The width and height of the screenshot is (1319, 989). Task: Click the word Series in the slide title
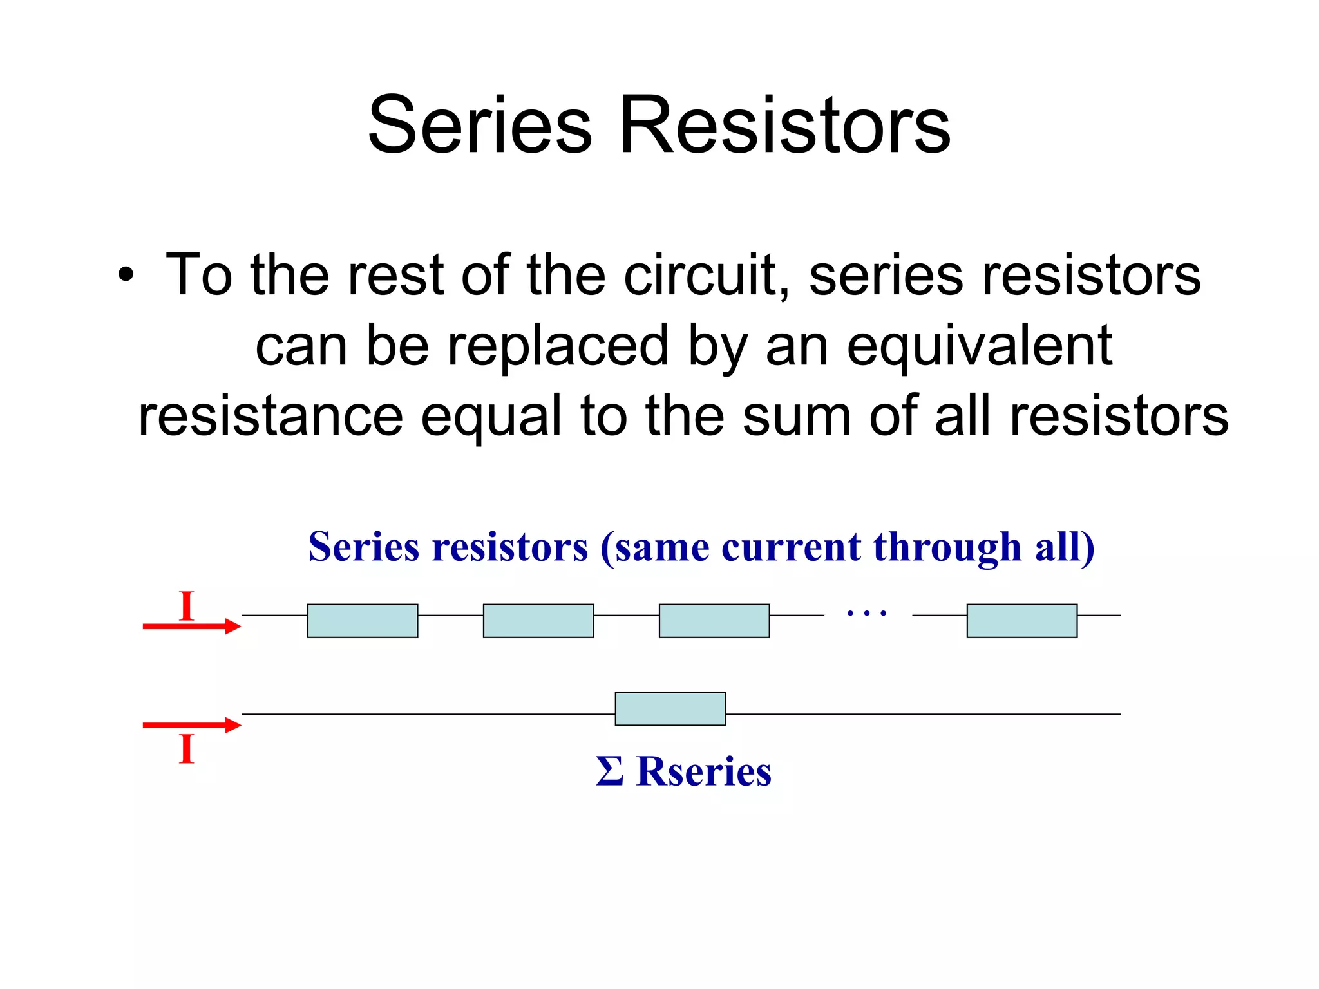pos(479,125)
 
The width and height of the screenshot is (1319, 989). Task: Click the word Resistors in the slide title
pos(784,125)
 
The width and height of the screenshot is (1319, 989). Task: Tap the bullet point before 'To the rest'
pos(126,276)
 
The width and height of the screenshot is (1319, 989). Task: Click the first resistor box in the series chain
pos(363,621)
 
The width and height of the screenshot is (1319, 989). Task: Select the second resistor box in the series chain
pos(538,621)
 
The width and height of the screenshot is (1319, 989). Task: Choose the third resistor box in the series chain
pos(714,621)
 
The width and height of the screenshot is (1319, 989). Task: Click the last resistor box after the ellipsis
pos(1022,621)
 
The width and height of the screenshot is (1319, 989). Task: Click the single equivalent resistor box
pos(670,709)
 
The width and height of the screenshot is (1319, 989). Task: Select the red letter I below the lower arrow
pos(187,748)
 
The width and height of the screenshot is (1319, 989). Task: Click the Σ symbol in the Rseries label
pos(609,771)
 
